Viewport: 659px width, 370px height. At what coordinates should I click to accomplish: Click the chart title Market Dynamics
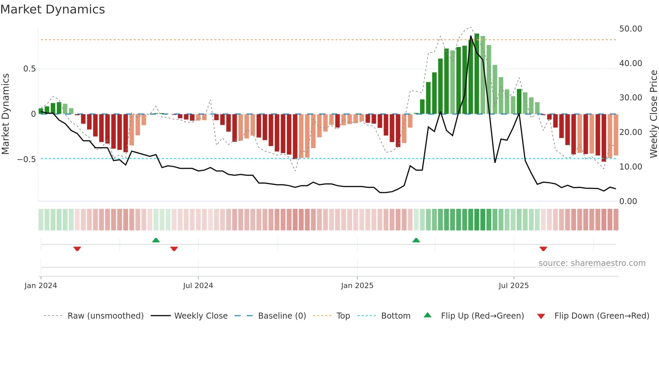click(52, 9)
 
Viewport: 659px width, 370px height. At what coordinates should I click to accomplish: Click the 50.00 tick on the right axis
click(630, 29)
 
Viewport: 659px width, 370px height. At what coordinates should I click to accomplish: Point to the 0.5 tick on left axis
click(29, 69)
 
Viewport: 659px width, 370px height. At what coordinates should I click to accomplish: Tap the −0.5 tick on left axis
click(26, 159)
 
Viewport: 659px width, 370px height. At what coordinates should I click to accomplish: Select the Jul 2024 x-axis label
click(198, 286)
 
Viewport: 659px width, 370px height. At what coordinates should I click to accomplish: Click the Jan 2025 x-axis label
click(357, 286)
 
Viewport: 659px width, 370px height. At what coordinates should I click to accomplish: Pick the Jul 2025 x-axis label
click(513, 286)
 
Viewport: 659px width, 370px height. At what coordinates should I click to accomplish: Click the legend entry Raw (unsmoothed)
click(105, 316)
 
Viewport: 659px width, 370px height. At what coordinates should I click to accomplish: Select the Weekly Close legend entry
click(201, 316)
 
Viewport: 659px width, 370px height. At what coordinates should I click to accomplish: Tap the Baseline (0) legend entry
click(282, 316)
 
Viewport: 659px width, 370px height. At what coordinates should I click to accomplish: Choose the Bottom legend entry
click(395, 316)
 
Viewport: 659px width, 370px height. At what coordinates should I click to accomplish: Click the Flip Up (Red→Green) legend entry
click(482, 316)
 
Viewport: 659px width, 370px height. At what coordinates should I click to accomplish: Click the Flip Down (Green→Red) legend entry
click(602, 316)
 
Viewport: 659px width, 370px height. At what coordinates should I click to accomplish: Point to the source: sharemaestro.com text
click(592, 263)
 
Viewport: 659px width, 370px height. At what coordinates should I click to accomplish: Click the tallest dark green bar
click(476, 74)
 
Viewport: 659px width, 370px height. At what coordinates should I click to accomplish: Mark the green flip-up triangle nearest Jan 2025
click(416, 240)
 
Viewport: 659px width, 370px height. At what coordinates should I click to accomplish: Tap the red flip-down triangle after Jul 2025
click(543, 248)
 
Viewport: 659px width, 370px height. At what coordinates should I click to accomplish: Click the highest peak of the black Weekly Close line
click(471, 36)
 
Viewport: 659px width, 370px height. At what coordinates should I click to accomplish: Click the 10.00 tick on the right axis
click(630, 167)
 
